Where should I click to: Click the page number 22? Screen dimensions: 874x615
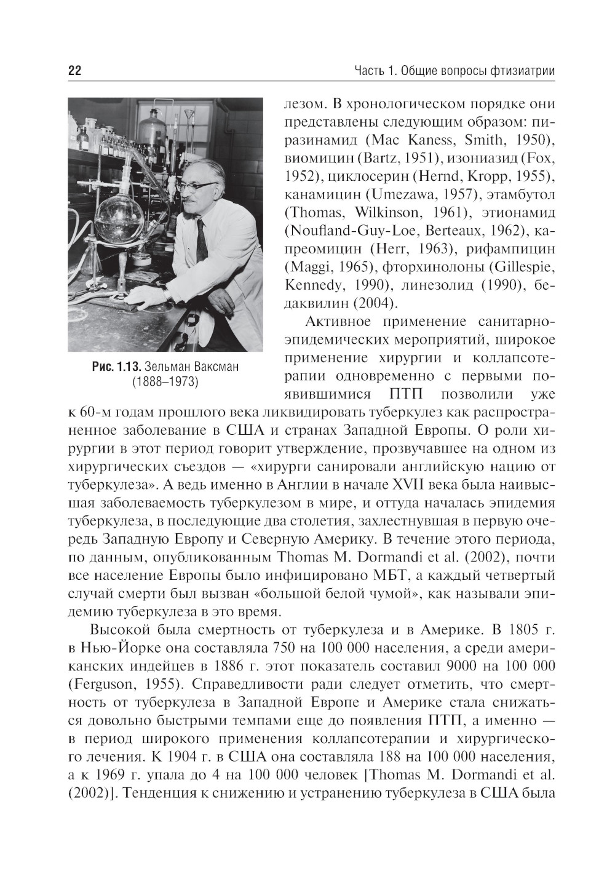click(74, 71)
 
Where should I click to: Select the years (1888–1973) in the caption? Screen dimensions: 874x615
click(165, 383)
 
